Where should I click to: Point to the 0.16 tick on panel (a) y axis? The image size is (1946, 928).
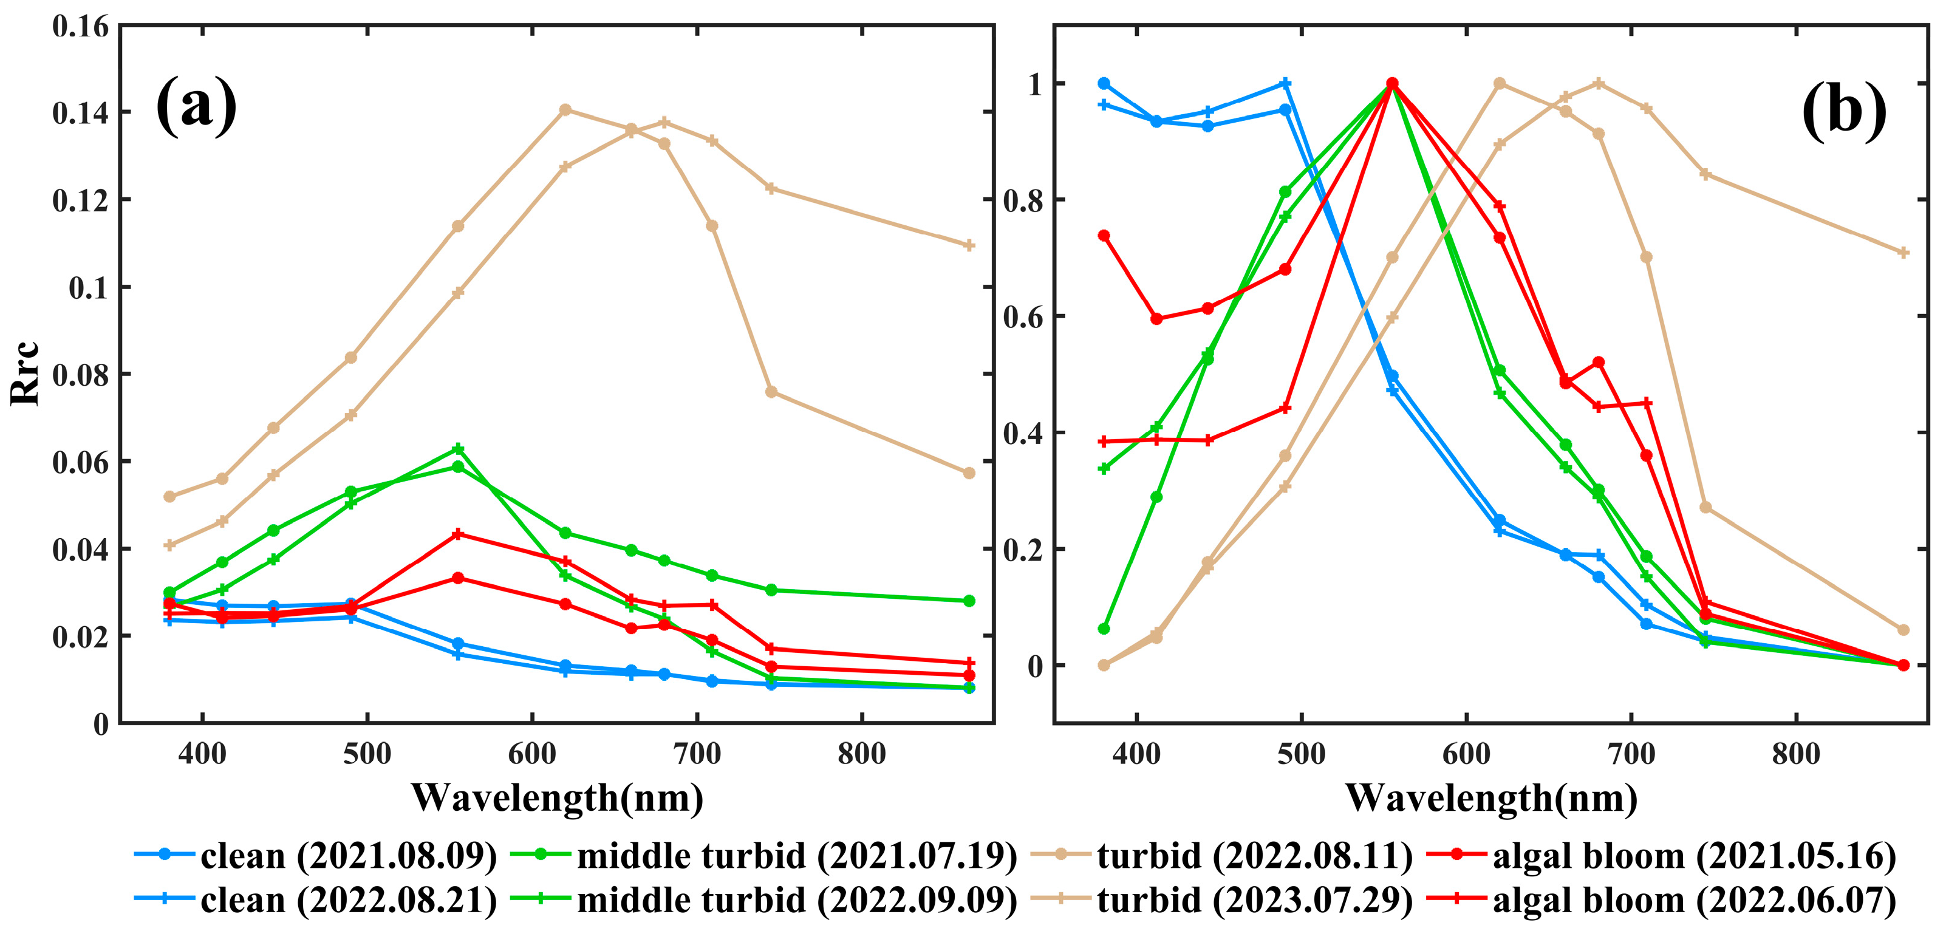[81, 27]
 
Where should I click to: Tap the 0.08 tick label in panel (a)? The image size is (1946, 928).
[81, 375]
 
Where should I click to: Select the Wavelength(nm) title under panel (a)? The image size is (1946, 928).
[557, 797]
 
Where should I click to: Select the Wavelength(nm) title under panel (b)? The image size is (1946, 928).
[1491, 797]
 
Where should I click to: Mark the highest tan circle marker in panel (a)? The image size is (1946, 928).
[565, 109]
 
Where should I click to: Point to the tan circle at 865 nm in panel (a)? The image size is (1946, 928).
[969, 473]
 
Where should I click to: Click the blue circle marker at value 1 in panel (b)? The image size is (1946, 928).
[1104, 83]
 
